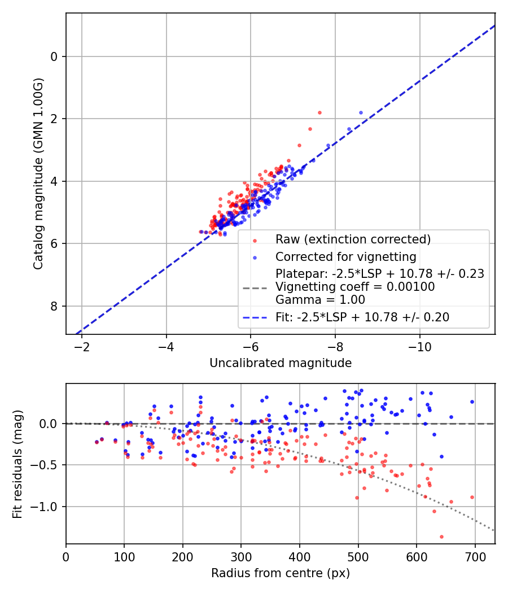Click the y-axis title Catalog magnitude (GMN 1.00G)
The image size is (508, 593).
pyautogui.click(x=38, y=173)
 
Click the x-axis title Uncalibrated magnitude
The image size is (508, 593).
pyautogui.click(x=281, y=363)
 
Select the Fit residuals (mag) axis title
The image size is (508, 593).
pyautogui.click(x=17, y=464)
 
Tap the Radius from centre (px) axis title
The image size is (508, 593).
pyautogui.click(x=281, y=573)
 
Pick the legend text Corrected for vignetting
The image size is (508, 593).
pyautogui.click(x=345, y=257)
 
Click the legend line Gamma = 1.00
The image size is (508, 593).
pyautogui.click(x=320, y=300)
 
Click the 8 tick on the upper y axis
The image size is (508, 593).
pyautogui.click(x=55, y=306)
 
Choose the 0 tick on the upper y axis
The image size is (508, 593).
pyautogui.click(x=55, y=56)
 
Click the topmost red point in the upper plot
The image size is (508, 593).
pyautogui.click(x=319, y=112)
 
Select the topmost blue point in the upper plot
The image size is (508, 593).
pyautogui.click(x=361, y=112)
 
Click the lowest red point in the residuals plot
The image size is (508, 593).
pyautogui.click(x=441, y=537)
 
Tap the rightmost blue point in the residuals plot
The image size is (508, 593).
pyautogui.click(x=472, y=402)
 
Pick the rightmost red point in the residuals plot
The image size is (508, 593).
pyautogui.click(x=472, y=497)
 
